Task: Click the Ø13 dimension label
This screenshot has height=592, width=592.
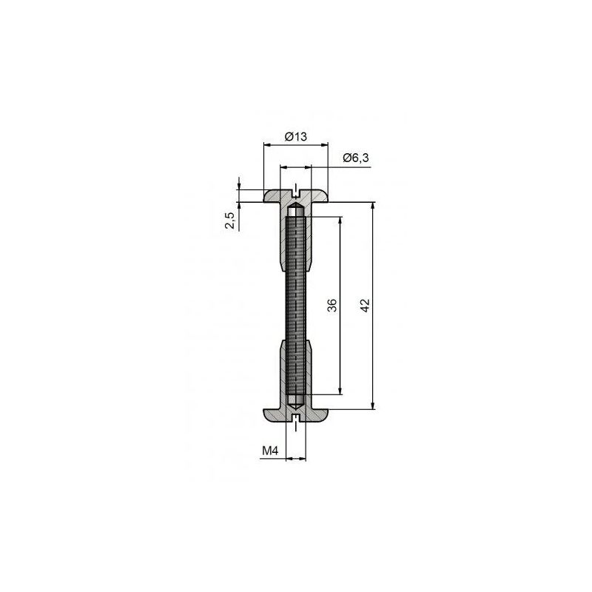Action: [x=295, y=136]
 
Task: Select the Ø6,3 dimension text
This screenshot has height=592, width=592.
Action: [x=356, y=158]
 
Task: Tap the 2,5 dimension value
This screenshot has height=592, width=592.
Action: [x=230, y=220]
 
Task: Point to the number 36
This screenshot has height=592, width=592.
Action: [x=332, y=305]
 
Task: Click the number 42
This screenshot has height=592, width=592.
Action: [x=365, y=305]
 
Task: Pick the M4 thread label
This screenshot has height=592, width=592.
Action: [x=270, y=450]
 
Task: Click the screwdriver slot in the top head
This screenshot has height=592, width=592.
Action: [x=296, y=194]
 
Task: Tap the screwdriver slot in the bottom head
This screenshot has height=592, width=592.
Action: [x=296, y=418]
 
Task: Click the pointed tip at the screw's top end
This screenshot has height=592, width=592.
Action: [x=296, y=205]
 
